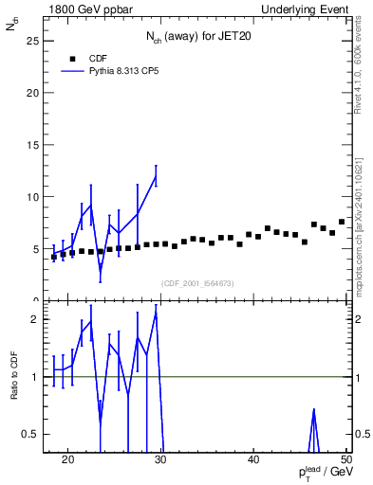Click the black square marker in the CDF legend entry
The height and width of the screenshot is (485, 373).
pos(71,57)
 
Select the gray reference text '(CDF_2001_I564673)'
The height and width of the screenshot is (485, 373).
pos(196,283)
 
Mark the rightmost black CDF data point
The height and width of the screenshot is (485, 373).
pos(342,222)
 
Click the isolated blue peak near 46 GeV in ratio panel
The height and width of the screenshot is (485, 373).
pos(313,411)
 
